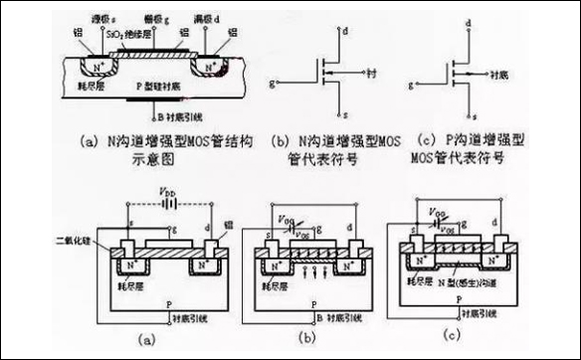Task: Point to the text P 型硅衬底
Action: [x=158, y=87]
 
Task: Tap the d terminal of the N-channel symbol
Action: [x=343, y=31]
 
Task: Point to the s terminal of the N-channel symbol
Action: [x=343, y=114]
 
